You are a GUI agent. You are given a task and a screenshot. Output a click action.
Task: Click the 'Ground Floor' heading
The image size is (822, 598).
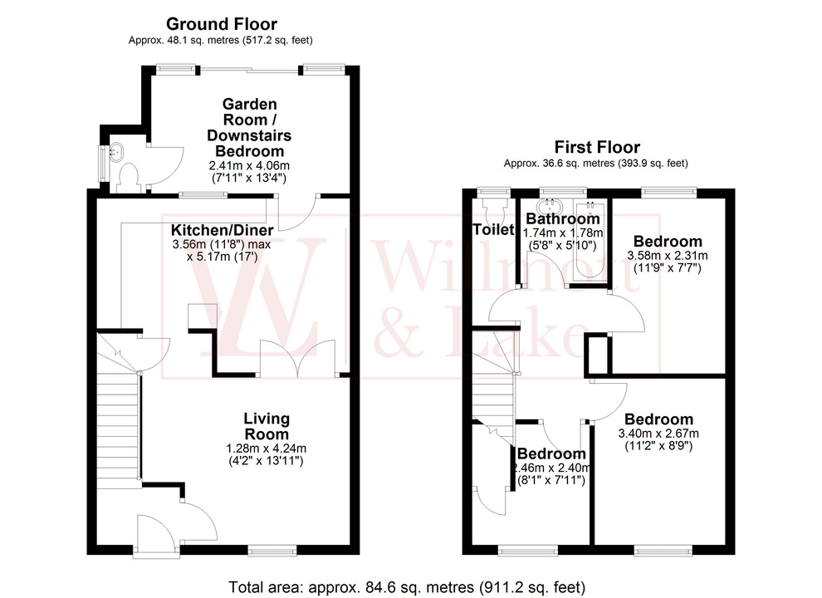[x=221, y=24]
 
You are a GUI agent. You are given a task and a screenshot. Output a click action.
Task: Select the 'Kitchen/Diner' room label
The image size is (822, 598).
[x=222, y=229]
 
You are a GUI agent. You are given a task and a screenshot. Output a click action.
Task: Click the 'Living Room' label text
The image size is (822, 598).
[x=266, y=426]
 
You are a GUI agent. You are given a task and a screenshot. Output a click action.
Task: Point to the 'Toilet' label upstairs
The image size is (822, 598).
[x=493, y=229]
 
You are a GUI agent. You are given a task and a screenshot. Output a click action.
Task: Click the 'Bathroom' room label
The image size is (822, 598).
[x=563, y=218]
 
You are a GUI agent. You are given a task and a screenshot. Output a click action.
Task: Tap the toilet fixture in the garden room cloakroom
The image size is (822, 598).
[x=129, y=175]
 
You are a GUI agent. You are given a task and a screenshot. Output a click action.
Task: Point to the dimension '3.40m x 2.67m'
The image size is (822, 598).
[x=658, y=434]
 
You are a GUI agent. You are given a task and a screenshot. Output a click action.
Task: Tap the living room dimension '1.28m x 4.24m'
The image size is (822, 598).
[x=266, y=448]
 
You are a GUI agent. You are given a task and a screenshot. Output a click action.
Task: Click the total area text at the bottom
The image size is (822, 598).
[x=409, y=587]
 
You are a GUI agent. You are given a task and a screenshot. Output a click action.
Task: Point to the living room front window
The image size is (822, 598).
[x=272, y=549]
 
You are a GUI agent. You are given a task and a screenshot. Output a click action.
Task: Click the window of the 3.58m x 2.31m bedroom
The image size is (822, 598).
[x=668, y=193]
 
